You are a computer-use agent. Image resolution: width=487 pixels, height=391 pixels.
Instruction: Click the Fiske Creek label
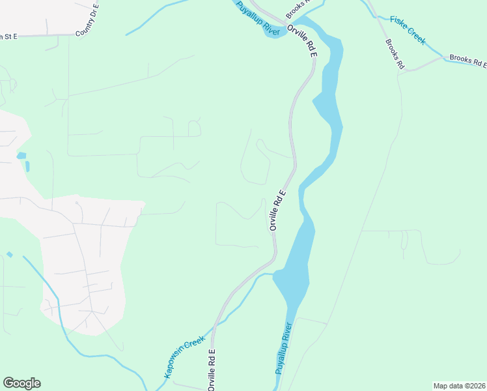(408, 30)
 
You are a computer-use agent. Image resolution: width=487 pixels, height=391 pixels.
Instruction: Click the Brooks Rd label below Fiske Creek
(395, 55)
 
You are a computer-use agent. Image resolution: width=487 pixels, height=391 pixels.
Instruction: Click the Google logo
(21, 383)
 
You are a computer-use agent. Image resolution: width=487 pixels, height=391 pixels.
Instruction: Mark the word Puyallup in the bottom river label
(280, 364)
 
